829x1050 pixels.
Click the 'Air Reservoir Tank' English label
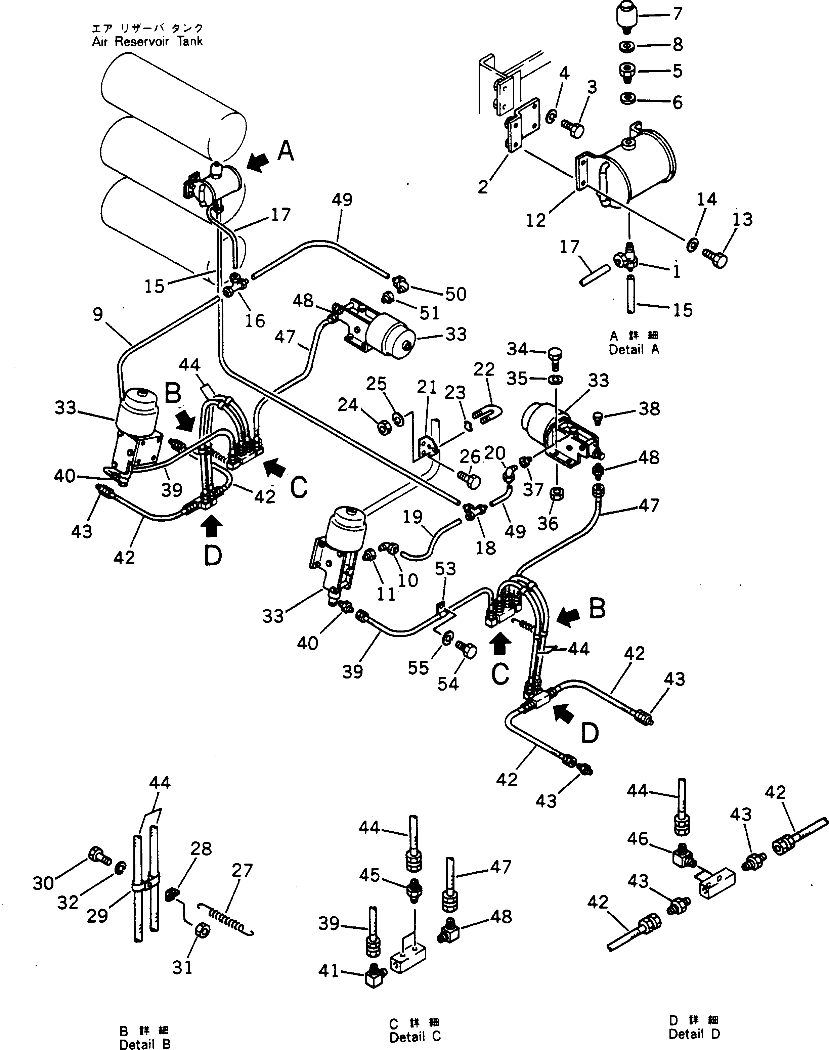pos(147,41)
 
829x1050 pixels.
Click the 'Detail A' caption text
pos(634,349)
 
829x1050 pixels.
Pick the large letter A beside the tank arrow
pos(286,151)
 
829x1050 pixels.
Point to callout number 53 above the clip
pos(445,568)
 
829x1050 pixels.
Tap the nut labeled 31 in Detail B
pos(202,930)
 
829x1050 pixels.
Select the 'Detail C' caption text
pos(415,1037)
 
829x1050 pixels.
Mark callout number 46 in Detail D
pos(637,852)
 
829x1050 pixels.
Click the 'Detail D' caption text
pos(694,1034)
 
